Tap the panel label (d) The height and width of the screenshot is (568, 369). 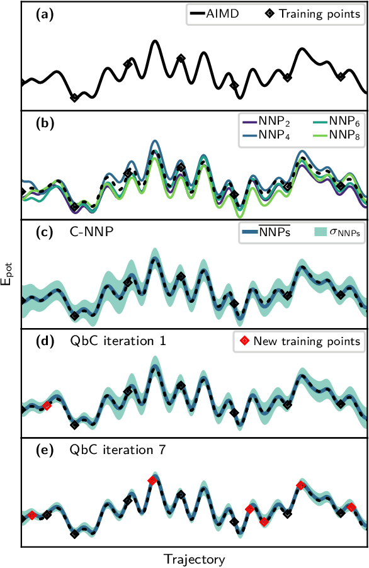[47, 342]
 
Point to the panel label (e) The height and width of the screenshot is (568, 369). [47, 450]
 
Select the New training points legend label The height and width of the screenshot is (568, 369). [298, 341]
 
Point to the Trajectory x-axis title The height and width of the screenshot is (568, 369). [194, 558]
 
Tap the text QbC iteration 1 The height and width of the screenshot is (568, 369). [118, 342]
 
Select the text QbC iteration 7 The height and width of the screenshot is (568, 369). [118, 450]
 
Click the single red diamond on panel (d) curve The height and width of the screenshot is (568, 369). [47, 406]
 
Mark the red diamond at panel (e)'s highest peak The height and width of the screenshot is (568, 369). [152, 480]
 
